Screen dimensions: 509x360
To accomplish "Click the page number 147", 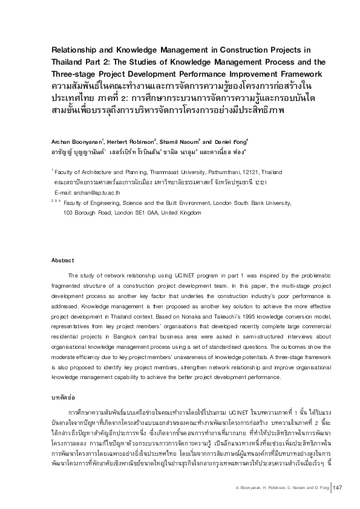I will (338, 488).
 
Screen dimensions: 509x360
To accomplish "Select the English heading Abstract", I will (63, 260).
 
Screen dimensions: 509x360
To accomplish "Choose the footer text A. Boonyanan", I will (250, 488).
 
